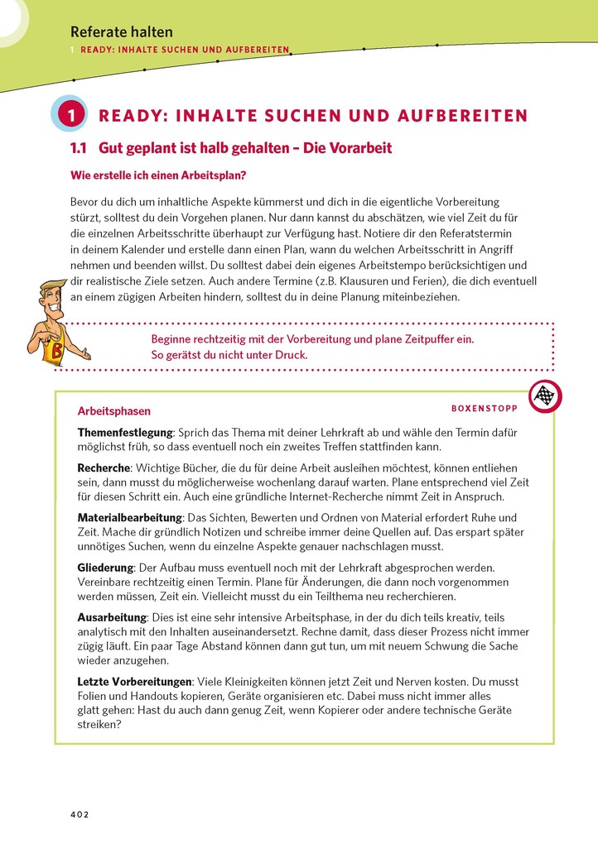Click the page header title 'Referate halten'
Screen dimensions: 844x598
[122, 32]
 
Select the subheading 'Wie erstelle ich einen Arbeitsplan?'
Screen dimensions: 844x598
[157, 175]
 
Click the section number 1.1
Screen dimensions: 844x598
[79, 148]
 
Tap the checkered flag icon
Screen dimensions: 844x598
[544, 396]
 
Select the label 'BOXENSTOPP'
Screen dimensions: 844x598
[484, 408]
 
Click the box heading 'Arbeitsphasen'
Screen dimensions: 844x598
[113, 410]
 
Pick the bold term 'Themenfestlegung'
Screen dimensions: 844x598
[125, 433]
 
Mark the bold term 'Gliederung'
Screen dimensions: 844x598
[106, 568]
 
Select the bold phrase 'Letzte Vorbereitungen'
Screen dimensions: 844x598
[135, 682]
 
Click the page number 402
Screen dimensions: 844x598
[79, 814]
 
